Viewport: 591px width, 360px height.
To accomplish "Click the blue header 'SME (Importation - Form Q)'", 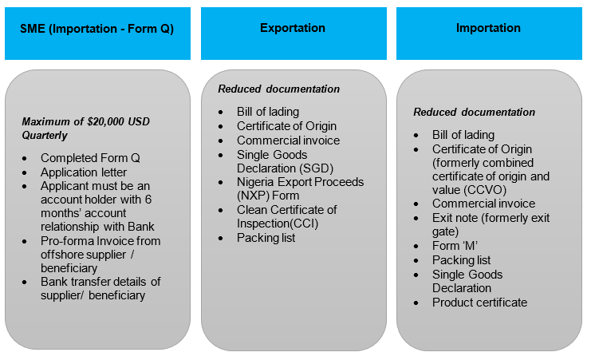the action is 97,34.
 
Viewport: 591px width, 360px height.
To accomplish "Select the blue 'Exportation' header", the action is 294,34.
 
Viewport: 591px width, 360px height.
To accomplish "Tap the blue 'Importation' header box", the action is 489,34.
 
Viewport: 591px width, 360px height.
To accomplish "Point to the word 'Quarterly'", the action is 45,136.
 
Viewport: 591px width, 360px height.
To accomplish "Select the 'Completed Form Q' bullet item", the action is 90,158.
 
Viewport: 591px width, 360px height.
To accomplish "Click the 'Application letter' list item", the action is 84,172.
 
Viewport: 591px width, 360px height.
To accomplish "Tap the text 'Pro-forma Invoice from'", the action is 100,241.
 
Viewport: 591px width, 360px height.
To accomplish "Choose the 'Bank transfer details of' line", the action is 100,282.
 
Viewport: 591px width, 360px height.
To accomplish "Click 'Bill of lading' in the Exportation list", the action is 268,112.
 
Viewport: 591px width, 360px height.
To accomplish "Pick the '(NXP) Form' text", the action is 268,196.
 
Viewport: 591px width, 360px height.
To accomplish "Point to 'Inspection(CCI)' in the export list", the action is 278,224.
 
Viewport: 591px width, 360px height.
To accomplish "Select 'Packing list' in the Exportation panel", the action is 266,238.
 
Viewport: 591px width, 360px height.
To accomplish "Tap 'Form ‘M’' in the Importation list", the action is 455,246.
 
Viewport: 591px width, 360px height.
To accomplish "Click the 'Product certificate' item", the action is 480,303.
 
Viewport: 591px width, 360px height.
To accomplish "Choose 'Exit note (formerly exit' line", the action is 491,218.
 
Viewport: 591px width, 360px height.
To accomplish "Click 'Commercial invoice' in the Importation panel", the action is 484,204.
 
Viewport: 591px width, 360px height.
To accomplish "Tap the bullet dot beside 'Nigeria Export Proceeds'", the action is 221,183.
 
